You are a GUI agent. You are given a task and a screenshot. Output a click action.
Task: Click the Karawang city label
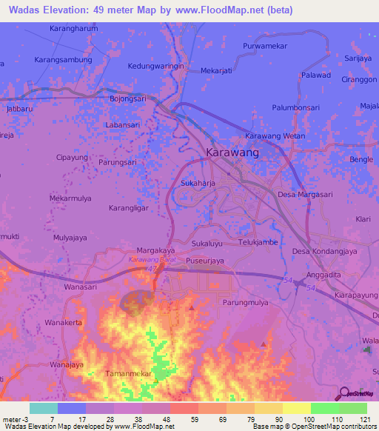tap(232, 153)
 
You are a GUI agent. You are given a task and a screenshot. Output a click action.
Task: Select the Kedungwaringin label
tap(156, 65)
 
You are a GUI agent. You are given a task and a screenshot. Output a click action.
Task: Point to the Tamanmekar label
tap(130, 374)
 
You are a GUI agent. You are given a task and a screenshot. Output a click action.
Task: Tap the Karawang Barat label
tap(150, 261)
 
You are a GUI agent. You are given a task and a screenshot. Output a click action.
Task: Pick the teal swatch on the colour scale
tap(44, 408)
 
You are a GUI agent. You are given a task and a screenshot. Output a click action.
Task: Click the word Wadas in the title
tap(25, 10)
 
